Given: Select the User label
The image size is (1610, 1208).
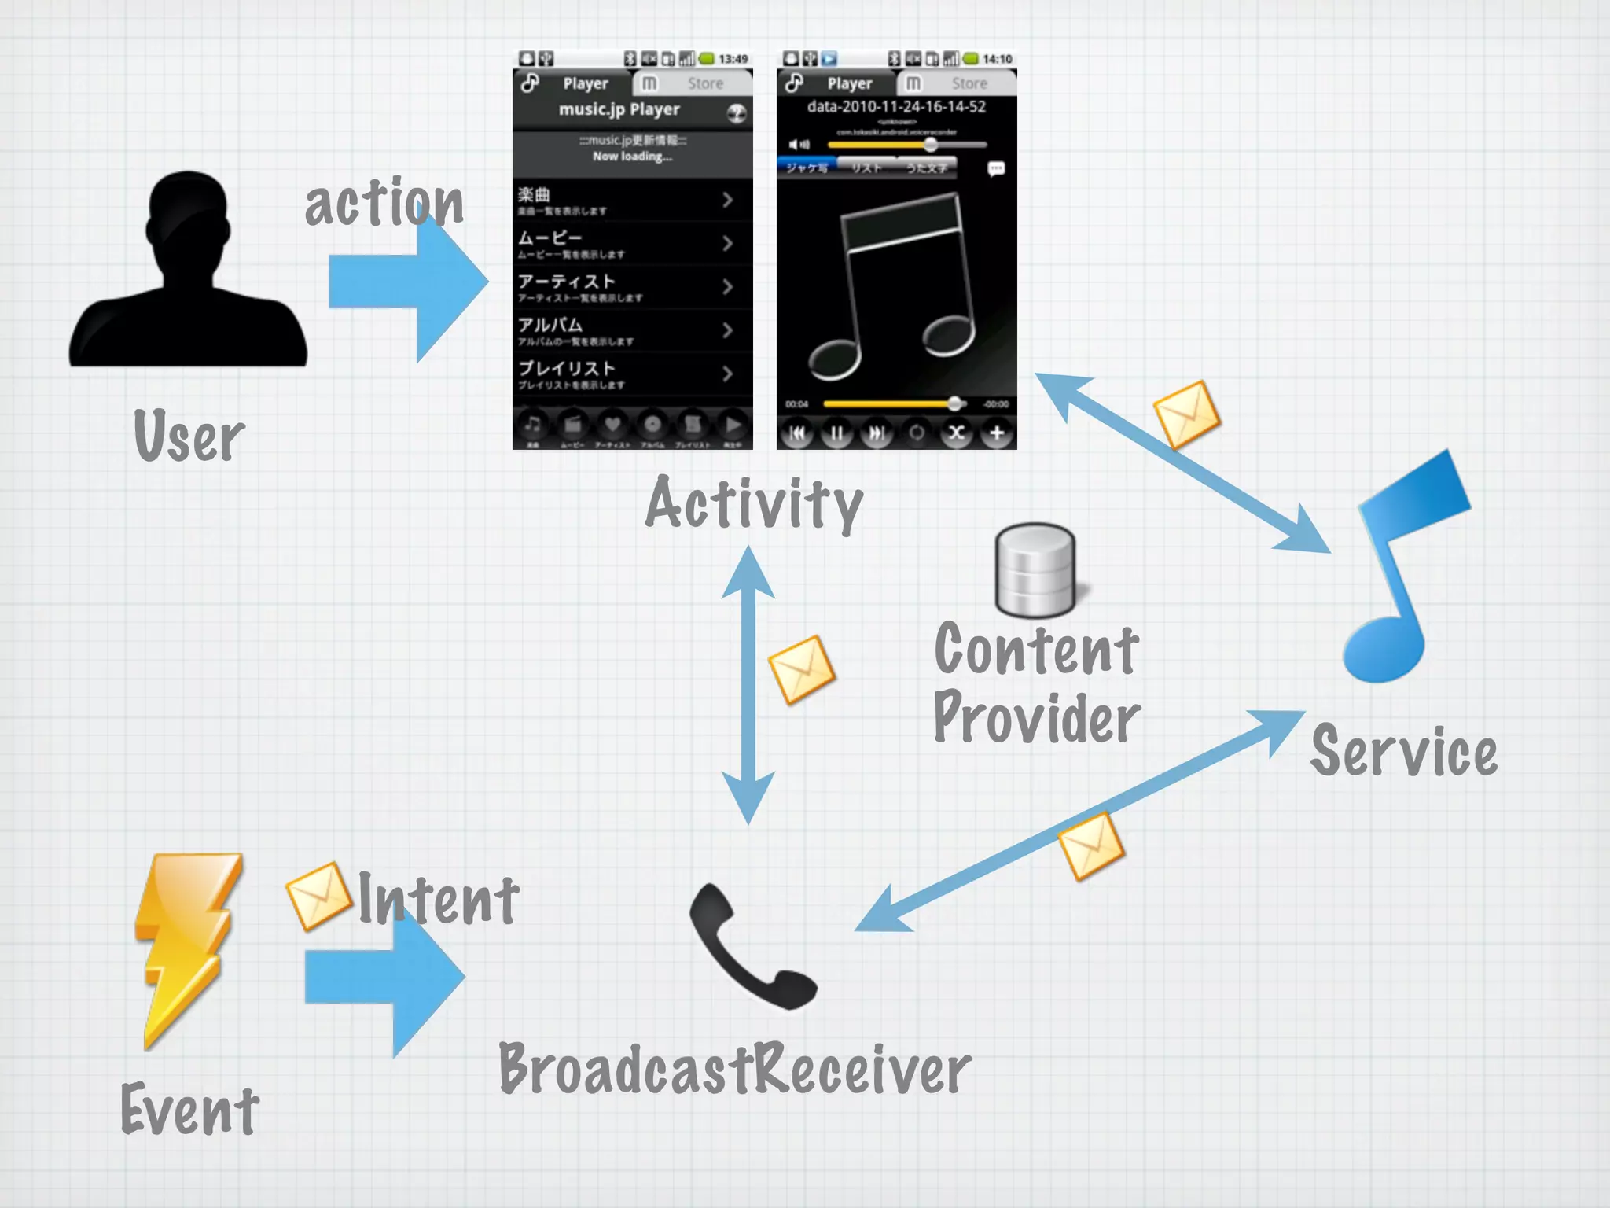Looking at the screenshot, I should pyautogui.click(x=189, y=436).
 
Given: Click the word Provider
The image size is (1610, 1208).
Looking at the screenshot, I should pyautogui.click(x=1036, y=717).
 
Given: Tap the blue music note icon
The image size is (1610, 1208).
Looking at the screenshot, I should pyautogui.click(x=1403, y=566).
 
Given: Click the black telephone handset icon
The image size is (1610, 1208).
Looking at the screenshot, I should pyautogui.click(x=751, y=948).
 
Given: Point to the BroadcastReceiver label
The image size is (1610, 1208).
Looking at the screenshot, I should pyautogui.click(x=735, y=1070).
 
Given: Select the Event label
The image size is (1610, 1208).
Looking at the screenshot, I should pyautogui.click(x=189, y=1109).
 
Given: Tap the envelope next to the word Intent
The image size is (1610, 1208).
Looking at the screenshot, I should pyautogui.click(x=318, y=897).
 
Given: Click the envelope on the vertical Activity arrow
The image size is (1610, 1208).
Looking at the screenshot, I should pyautogui.click(x=801, y=669).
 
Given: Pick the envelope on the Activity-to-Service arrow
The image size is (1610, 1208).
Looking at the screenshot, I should pyautogui.click(x=1186, y=414).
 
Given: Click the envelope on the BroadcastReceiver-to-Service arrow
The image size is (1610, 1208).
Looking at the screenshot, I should pyautogui.click(x=1090, y=846).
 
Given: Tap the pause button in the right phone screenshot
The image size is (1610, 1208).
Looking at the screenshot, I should pyautogui.click(x=836, y=433).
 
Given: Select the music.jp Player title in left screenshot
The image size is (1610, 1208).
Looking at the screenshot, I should pyautogui.click(x=619, y=109).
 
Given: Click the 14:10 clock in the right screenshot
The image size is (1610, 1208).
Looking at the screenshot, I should pyautogui.click(x=997, y=59).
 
